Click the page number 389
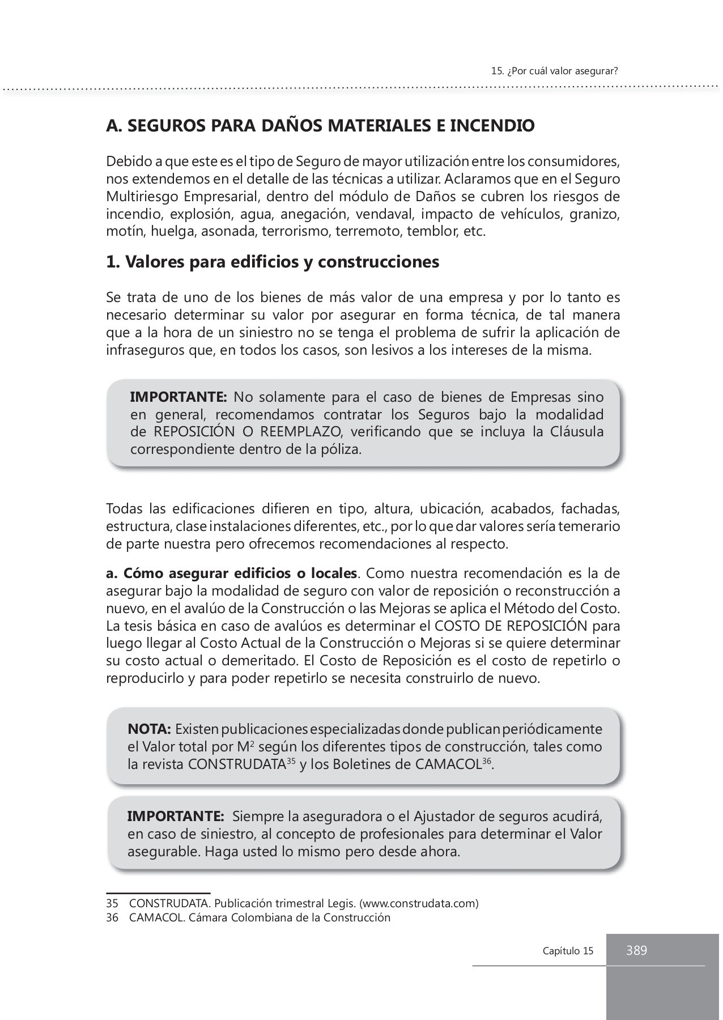pyautogui.click(x=636, y=950)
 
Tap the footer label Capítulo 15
pyautogui.click(x=568, y=951)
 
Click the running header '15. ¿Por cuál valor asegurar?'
pyautogui.click(x=554, y=71)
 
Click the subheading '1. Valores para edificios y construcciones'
pyautogui.click(x=273, y=262)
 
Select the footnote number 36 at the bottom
pyautogui.click(x=112, y=917)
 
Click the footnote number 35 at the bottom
pyautogui.click(x=112, y=903)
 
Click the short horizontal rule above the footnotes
pyautogui.click(x=158, y=893)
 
